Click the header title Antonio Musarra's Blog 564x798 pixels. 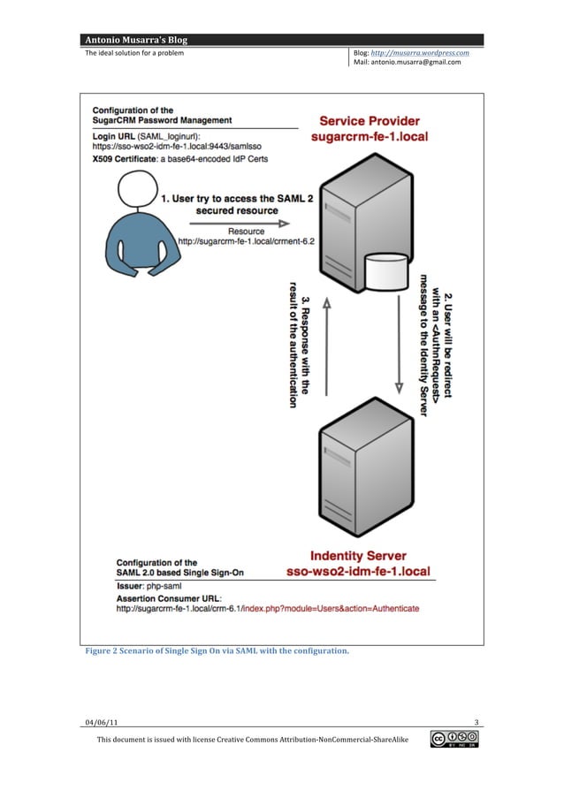135,40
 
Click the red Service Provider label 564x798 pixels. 370,121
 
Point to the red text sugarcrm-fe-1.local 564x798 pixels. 370,137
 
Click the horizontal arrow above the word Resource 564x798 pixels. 225,223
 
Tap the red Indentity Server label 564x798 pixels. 358,556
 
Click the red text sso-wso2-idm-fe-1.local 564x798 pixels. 358,572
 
